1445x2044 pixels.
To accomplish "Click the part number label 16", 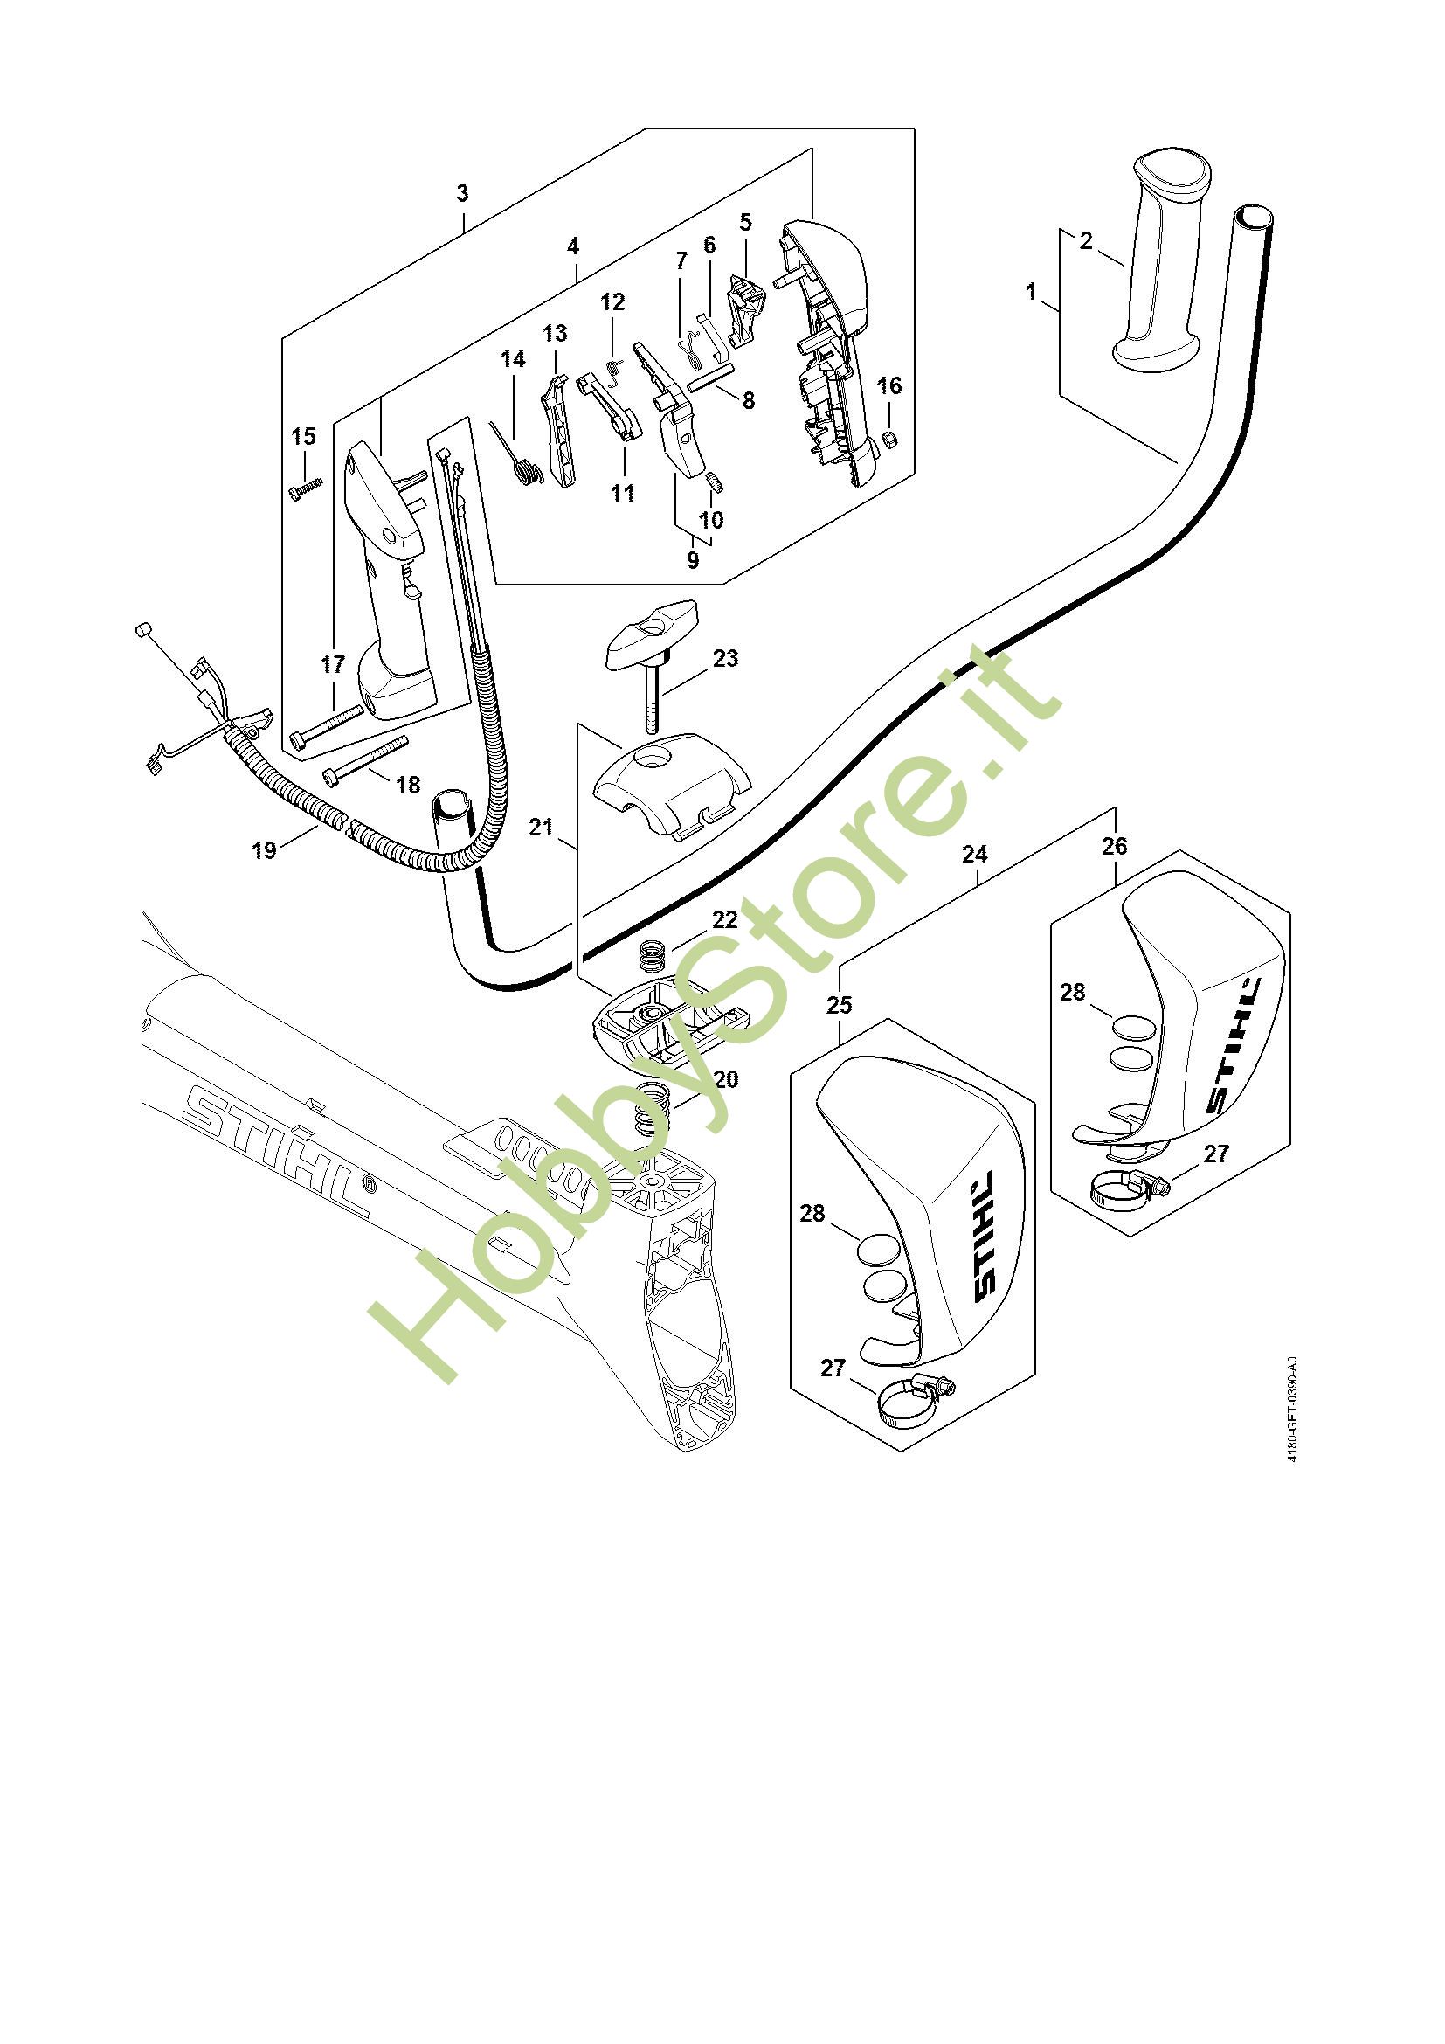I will point(888,385).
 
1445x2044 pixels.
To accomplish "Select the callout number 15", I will point(303,436).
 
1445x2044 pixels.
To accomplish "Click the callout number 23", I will point(725,658).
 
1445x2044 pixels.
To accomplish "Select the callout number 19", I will point(264,849).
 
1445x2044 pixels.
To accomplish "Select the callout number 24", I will point(974,854).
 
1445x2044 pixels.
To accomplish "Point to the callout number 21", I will point(541,827).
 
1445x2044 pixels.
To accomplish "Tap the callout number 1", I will point(1031,291).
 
